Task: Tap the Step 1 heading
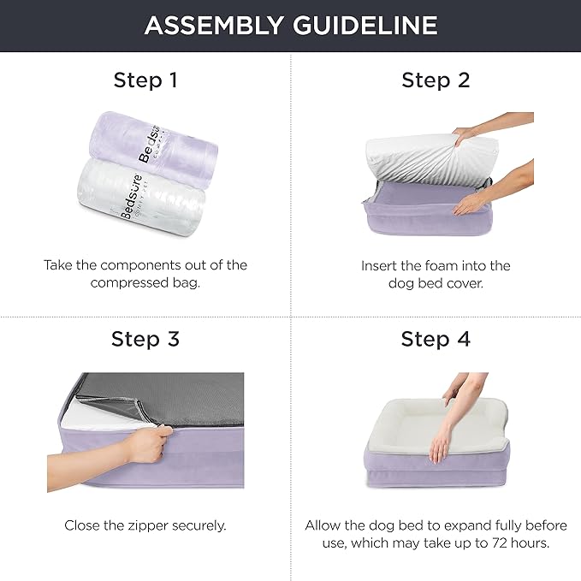pyautogui.click(x=145, y=80)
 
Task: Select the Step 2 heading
pyautogui.click(x=436, y=80)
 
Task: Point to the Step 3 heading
pyautogui.click(x=145, y=339)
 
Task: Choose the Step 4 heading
pyautogui.click(x=436, y=339)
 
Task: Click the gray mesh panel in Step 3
pyautogui.click(x=171, y=398)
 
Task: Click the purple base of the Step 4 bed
pyautogui.click(x=436, y=479)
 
